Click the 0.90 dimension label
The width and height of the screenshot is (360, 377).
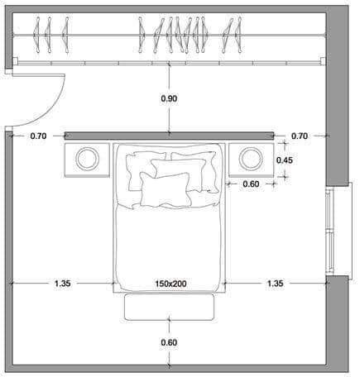(169, 98)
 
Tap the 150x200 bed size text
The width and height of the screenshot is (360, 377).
(170, 284)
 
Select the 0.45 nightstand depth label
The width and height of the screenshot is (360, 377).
(285, 160)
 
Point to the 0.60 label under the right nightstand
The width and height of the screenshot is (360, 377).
(251, 184)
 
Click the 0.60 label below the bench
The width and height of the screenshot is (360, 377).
(169, 342)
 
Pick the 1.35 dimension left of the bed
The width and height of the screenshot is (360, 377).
(63, 284)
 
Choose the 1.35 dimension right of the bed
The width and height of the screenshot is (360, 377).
(275, 284)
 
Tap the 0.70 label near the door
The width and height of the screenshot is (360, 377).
(38, 136)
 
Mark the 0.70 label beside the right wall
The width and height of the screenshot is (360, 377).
(300, 136)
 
